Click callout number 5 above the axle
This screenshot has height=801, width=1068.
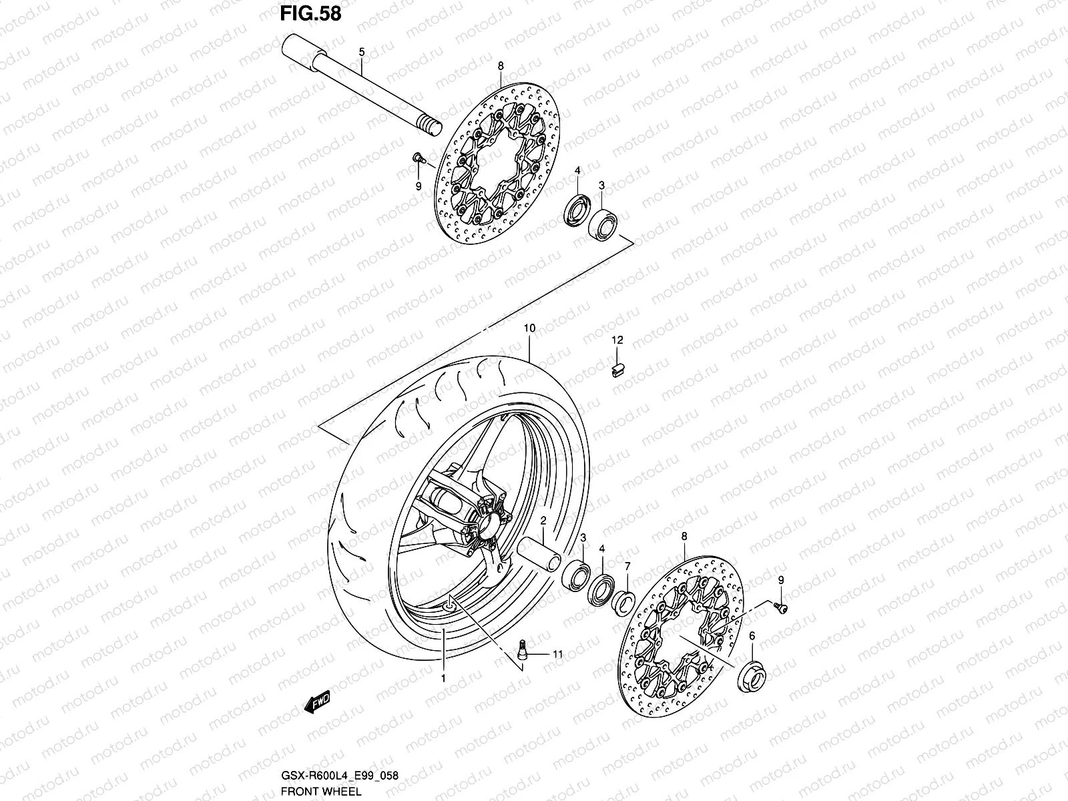click(x=361, y=52)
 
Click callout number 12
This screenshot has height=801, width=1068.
click(x=617, y=340)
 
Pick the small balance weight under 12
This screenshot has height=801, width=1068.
click(x=617, y=368)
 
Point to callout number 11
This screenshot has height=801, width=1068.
click(x=557, y=655)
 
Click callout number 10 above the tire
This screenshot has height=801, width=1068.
click(x=529, y=328)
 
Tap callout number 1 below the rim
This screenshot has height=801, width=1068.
click(x=443, y=678)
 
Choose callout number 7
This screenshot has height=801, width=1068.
click(x=627, y=566)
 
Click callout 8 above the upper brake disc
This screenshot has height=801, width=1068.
click(x=501, y=65)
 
